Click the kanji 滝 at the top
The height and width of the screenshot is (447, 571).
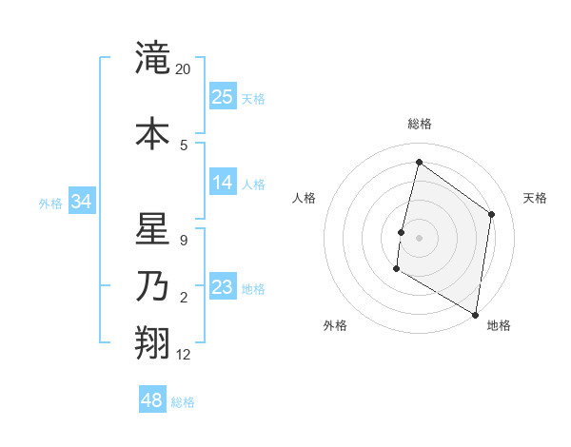(x=152, y=59)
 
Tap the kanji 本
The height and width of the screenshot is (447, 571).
(x=152, y=133)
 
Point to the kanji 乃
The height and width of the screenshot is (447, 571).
(x=152, y=286)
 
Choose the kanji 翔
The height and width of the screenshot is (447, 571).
(x=152, y=343)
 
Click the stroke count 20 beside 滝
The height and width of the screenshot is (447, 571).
(x=184, y=69)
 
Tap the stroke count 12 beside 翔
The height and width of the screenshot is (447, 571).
(x=184, y=355)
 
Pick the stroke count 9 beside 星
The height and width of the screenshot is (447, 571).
(x=184, y=241)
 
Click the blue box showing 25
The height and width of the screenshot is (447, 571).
(x=223, y=96)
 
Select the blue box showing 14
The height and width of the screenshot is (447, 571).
(x=223, y=183)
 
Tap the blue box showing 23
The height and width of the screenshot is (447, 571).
(x=223, y=287)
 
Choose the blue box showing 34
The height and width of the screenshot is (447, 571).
(x=82, y=202)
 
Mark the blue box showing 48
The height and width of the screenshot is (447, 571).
(x=152, y=400)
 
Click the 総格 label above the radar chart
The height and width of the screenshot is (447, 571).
(x=420, y=124)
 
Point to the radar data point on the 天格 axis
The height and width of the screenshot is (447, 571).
(x=492, y=214)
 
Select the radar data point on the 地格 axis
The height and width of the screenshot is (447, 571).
(x=475, y=314)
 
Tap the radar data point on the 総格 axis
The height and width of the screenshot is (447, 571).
(x=419, y=162)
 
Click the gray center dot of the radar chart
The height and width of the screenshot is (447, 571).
(x=419, y=237)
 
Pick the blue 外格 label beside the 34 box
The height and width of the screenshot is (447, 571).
(x=50, y=203)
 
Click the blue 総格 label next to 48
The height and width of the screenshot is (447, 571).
(x=183, y=402)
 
